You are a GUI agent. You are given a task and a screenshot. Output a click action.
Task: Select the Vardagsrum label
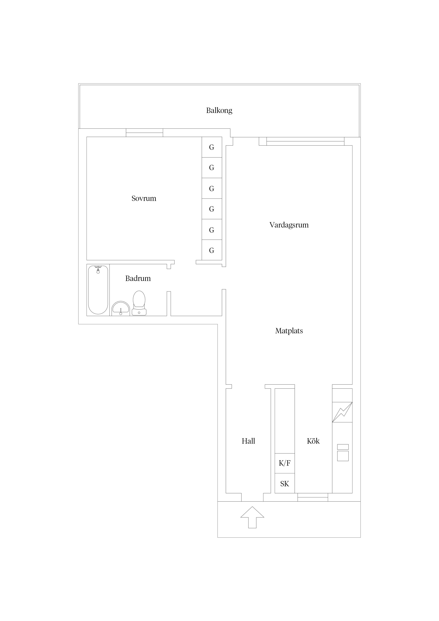coord(289,225)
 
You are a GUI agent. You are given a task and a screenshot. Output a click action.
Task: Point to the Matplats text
coord(289,331)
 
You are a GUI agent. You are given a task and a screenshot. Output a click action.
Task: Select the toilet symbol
coord(139,303)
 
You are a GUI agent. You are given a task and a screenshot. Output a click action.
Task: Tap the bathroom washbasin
coord(121,308)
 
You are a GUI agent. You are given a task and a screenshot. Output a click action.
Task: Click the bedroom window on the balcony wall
coord(144,133)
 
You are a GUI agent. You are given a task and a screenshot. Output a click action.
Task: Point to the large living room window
coord(305,141)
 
